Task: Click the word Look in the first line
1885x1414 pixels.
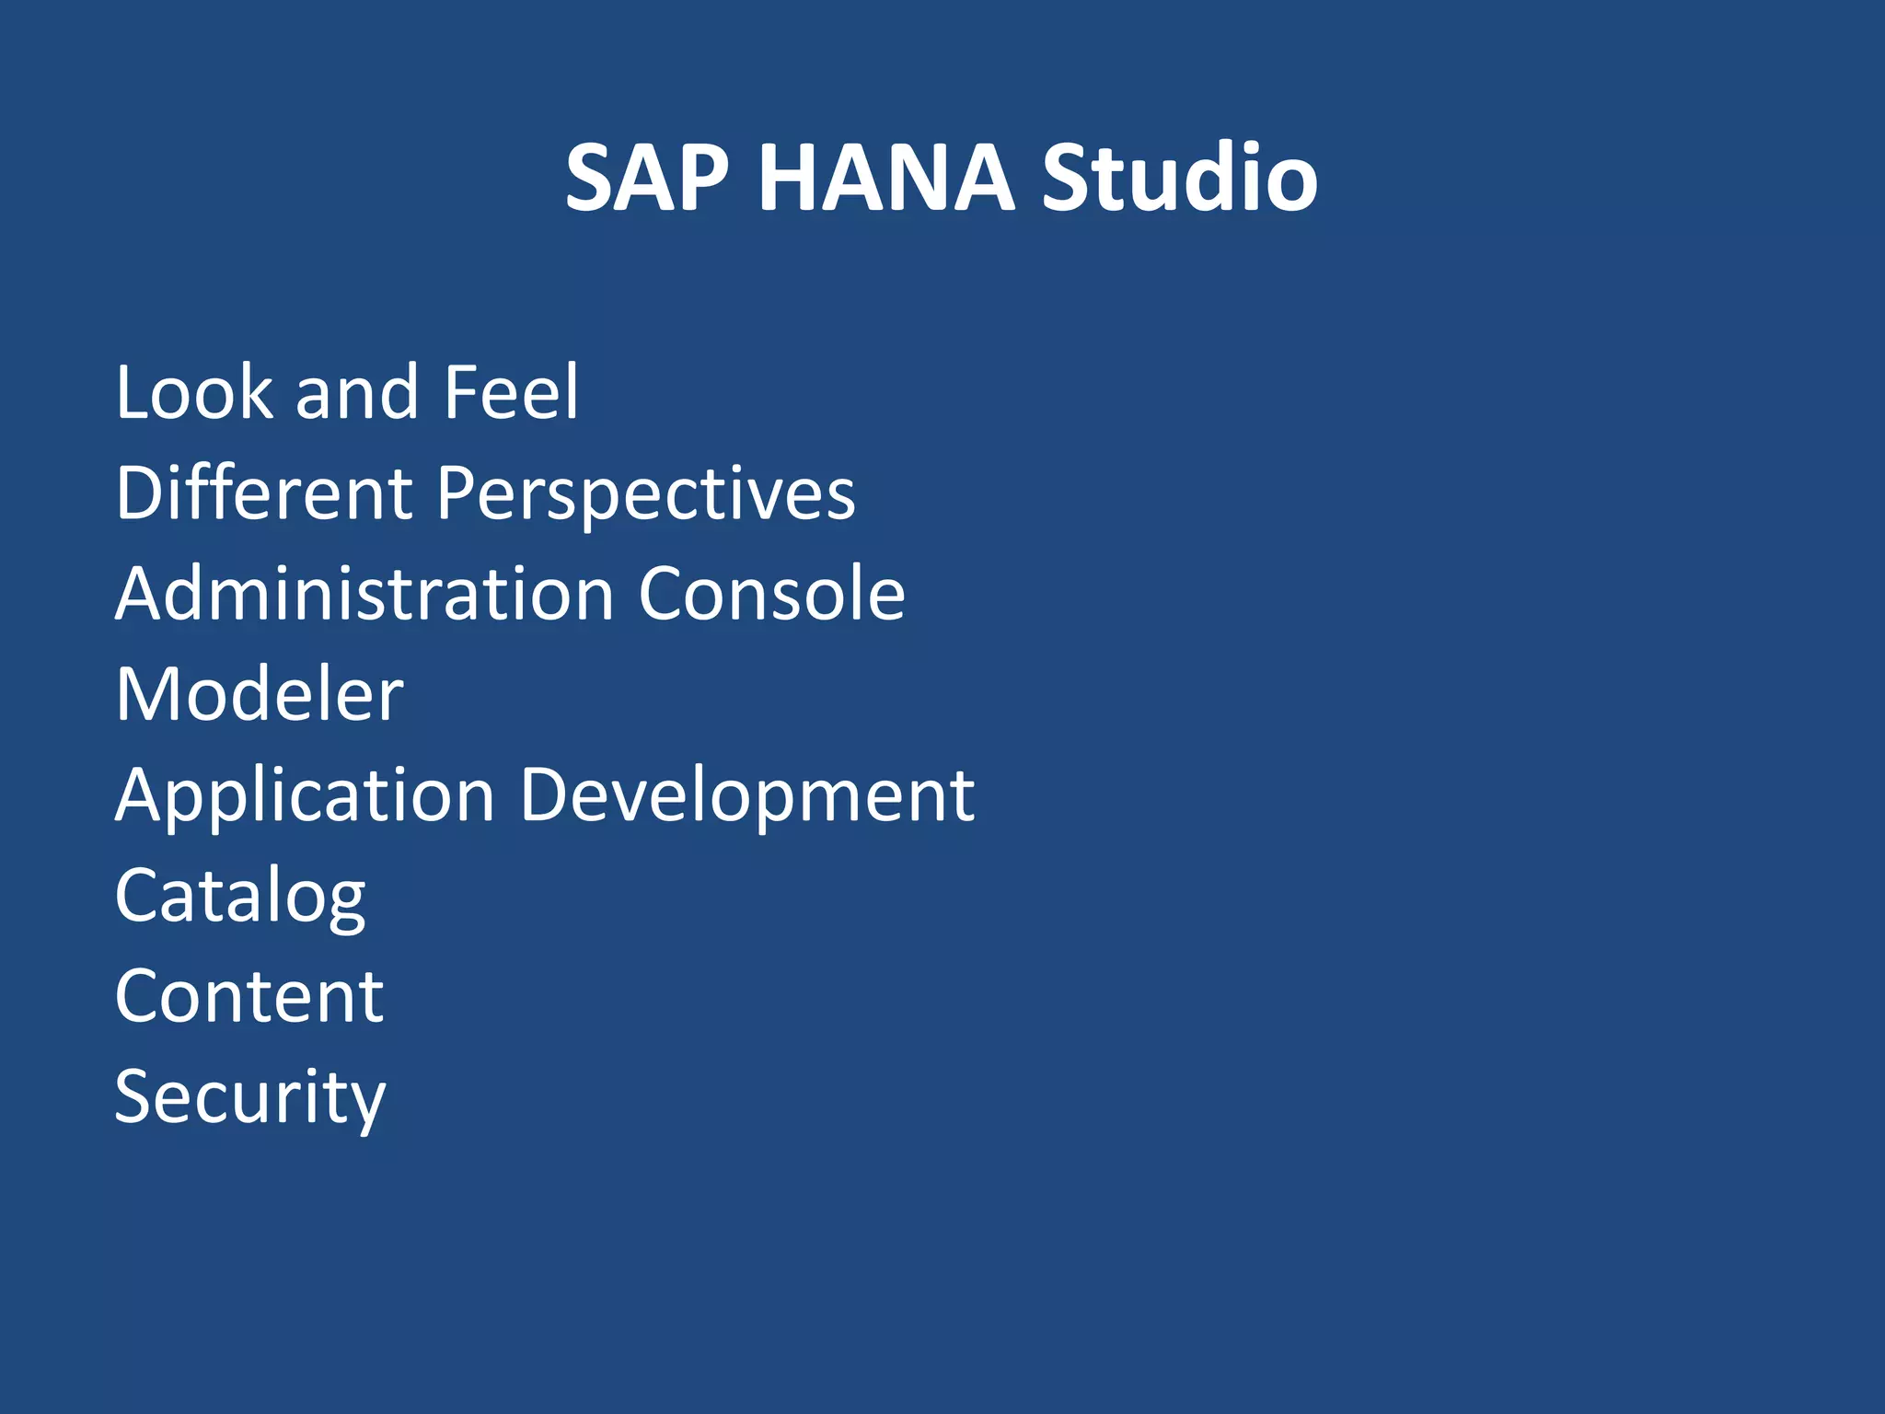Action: [x=194, y=393]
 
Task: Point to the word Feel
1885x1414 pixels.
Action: [x=511, y=393]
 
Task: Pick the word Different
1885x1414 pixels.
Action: [x=263, y=493]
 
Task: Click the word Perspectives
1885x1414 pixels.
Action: [x=645, y=495]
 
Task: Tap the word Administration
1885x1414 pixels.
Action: [x=364, y=594]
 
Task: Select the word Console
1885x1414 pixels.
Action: [x=771, y=594]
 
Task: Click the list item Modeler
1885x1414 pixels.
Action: [x=260, y=694]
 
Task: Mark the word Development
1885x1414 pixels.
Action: [x=746, y=796]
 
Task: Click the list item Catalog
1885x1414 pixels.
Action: [x=240, y=897]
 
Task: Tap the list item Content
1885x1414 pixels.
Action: [x=249, y=996]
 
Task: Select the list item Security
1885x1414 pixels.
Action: [x=250, y=1098]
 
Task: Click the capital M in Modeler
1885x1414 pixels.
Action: [x=145, y=694]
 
